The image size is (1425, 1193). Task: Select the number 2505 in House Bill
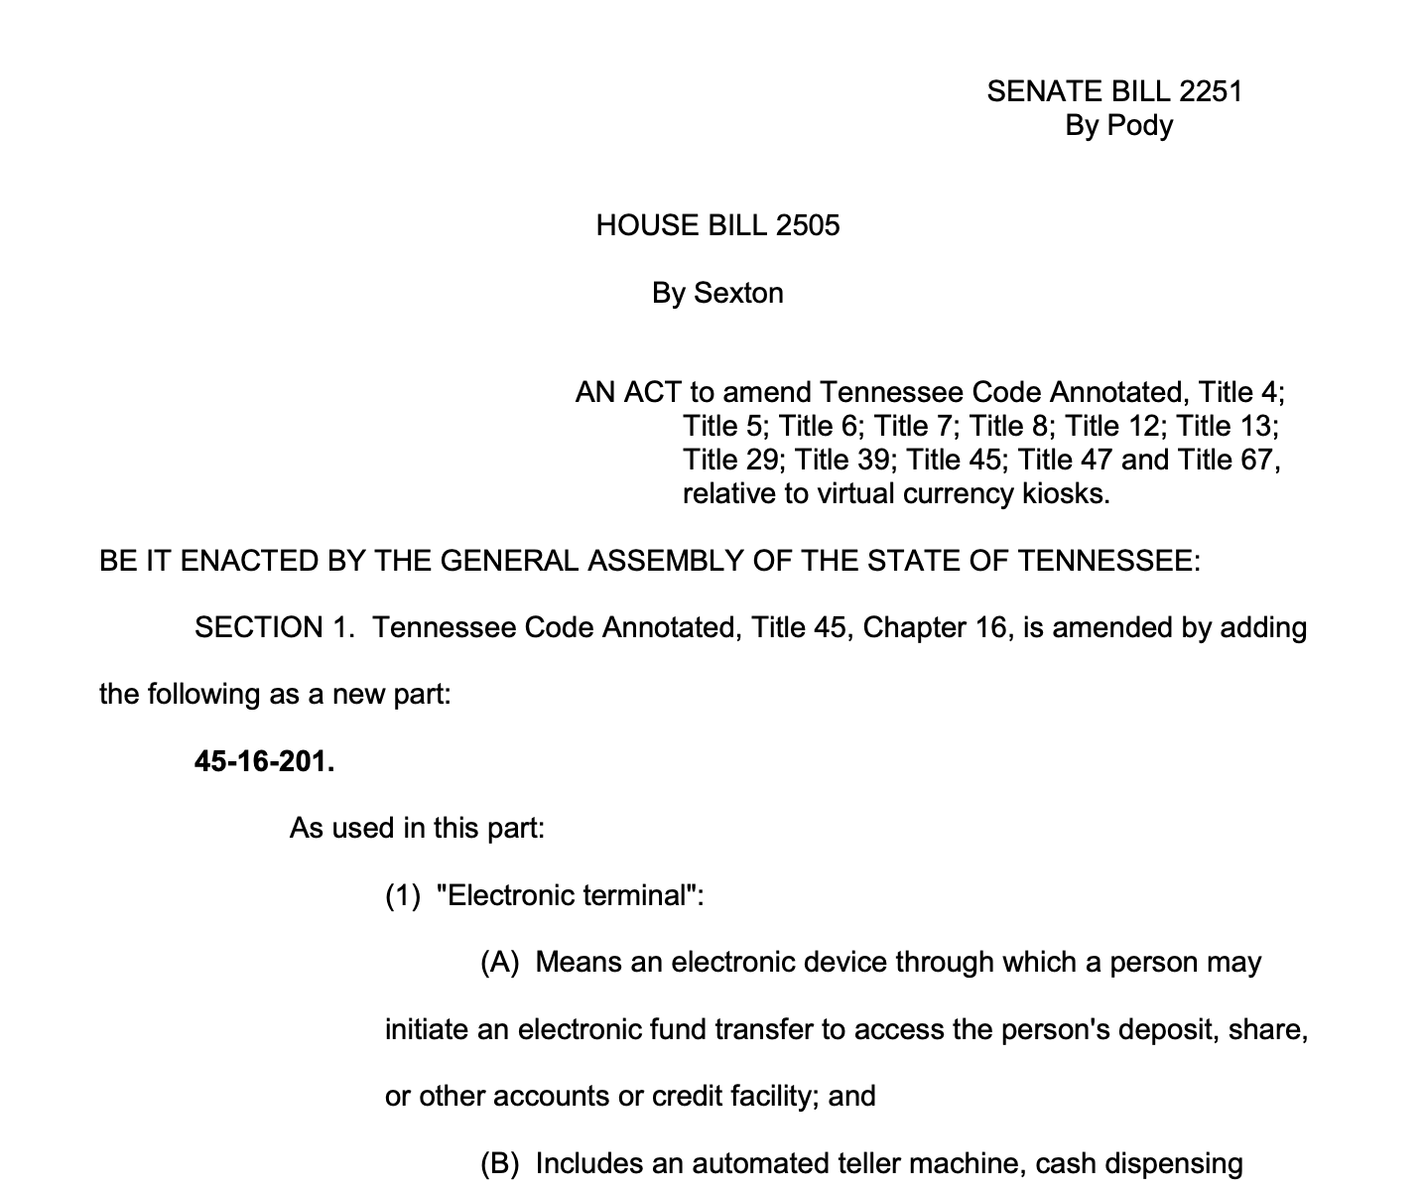coord(808,225)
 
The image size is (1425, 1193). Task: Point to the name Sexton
coord(738,293)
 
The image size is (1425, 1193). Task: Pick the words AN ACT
coord(628,393)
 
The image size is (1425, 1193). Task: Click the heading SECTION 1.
coord(274,627)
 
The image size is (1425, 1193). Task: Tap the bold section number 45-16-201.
coord(264,761)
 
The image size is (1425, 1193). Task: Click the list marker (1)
coord(403,895)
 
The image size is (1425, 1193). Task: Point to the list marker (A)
coord(500,962)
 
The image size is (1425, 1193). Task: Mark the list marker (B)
coord(500,1163)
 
